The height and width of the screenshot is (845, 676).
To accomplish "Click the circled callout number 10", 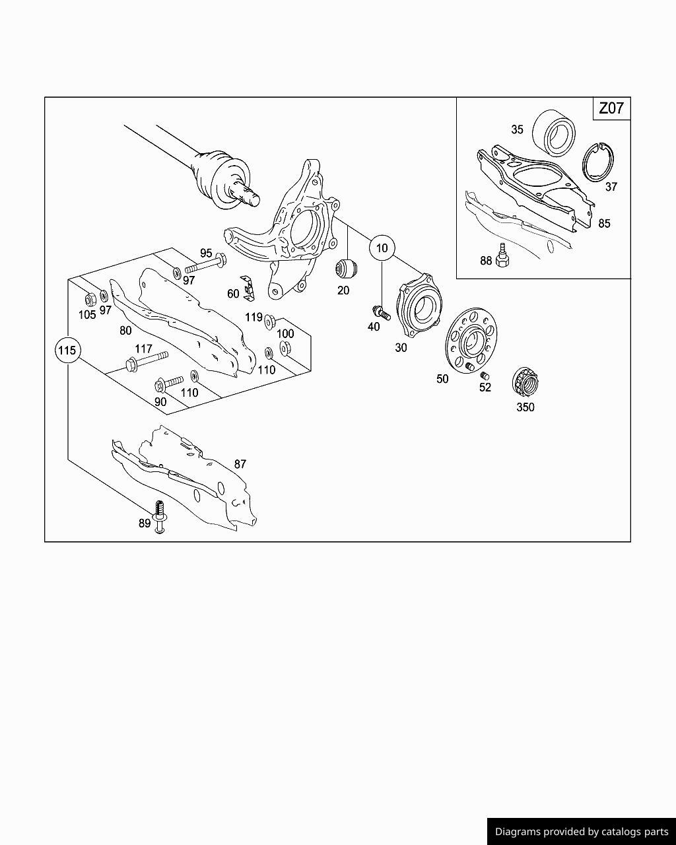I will (x=382, y=249).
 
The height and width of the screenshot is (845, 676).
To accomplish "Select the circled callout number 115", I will (x=67, y=350).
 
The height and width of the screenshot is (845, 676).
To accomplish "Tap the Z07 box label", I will (x=611, y=108).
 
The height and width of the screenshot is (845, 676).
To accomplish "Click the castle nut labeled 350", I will (x=524, y=383).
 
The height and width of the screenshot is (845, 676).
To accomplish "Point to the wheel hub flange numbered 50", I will (x=470, y=341).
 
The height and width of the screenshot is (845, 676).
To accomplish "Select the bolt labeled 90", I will (x=168, y=383).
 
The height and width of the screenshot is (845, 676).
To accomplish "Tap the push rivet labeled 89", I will (x=159, y=517).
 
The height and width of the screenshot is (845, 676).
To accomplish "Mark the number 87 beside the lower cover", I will (x=240, y=464).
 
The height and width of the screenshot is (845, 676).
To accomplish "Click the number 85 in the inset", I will (x=604, y=223).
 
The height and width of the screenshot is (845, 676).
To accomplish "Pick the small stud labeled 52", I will (x=485, y=376).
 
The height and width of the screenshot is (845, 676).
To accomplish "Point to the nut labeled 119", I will (x=269, y=321).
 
